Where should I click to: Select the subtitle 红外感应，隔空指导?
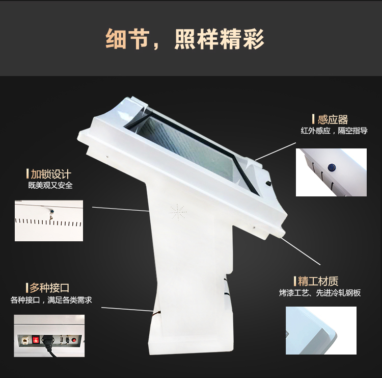334,131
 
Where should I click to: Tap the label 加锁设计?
51,174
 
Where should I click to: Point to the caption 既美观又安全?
50,185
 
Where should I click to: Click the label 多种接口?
49,288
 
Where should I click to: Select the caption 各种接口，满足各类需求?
51,300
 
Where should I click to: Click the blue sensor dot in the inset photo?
331,166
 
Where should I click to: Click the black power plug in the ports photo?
50,342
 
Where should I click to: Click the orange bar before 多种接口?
27,288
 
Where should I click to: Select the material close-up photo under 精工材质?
320,330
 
